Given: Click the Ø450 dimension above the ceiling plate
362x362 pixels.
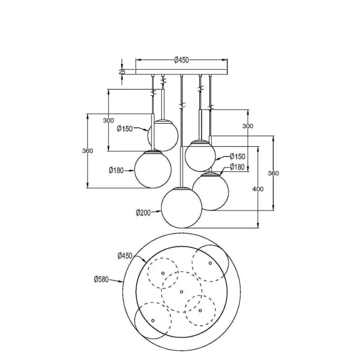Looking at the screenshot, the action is tap(182, 60).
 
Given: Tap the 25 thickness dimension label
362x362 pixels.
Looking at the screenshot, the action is tap(122, 72).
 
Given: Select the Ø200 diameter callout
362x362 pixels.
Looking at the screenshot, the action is tap(143, 213).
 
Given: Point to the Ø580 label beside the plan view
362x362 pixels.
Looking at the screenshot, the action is tap(101, 279).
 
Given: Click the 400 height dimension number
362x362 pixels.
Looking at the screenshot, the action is tap(258, 189).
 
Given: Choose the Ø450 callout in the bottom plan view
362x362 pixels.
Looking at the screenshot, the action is tap(125, 256).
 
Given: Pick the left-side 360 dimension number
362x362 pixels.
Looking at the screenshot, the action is tap(87, 151).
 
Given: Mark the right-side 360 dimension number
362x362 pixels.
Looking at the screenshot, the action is tap(274, 173).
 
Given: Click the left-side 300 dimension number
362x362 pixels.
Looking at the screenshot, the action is tap(109, 120).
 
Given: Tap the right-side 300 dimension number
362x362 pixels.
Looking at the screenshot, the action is tap(248, 126).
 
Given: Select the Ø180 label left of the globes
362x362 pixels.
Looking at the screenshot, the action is tap(116, 170).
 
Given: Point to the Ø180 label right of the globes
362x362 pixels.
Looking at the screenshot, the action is tap(237, 167).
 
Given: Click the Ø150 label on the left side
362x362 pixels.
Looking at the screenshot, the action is tap(125, 129).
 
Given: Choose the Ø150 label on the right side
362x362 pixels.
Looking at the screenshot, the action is tap(237, 156).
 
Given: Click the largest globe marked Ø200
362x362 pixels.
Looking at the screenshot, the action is tap(182, 208).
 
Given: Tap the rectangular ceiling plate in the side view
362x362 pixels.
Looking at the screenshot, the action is tap(182, 72).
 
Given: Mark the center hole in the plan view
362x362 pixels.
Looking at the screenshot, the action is tap(182, 292).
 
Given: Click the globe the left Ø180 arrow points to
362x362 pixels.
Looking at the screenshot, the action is tap(153, 169).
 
